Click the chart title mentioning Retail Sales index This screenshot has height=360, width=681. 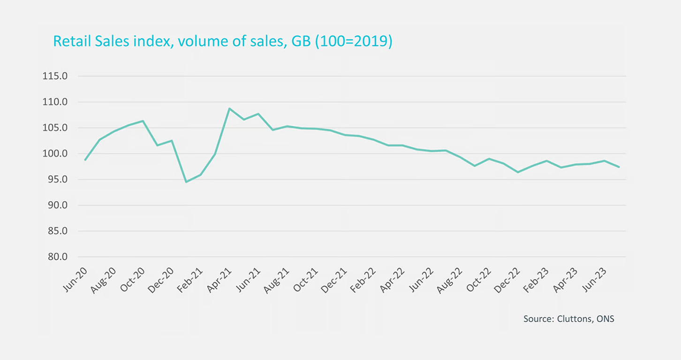pos(222,41)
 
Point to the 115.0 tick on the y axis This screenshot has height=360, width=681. pos(55,76)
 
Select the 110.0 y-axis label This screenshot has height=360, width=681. pos(55,102)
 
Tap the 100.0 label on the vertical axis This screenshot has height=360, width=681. pos(55,154)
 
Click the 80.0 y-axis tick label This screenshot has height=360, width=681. pos(55,257)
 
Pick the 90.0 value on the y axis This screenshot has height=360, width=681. pos(55,205)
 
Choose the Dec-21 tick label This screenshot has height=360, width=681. pos(333,280)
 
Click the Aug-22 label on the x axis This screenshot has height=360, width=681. pos(449,280)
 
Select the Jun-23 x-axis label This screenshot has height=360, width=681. pos(593,280)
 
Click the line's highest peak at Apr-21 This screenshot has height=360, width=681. pos(229,108)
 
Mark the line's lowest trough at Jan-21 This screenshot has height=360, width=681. pos(186,182)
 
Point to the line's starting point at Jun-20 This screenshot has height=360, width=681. pos(85,160)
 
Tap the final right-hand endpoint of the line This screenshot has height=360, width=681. pos(620,167)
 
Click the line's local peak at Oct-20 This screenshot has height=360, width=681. pos(143,121)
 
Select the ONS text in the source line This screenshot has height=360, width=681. pos(605,319)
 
